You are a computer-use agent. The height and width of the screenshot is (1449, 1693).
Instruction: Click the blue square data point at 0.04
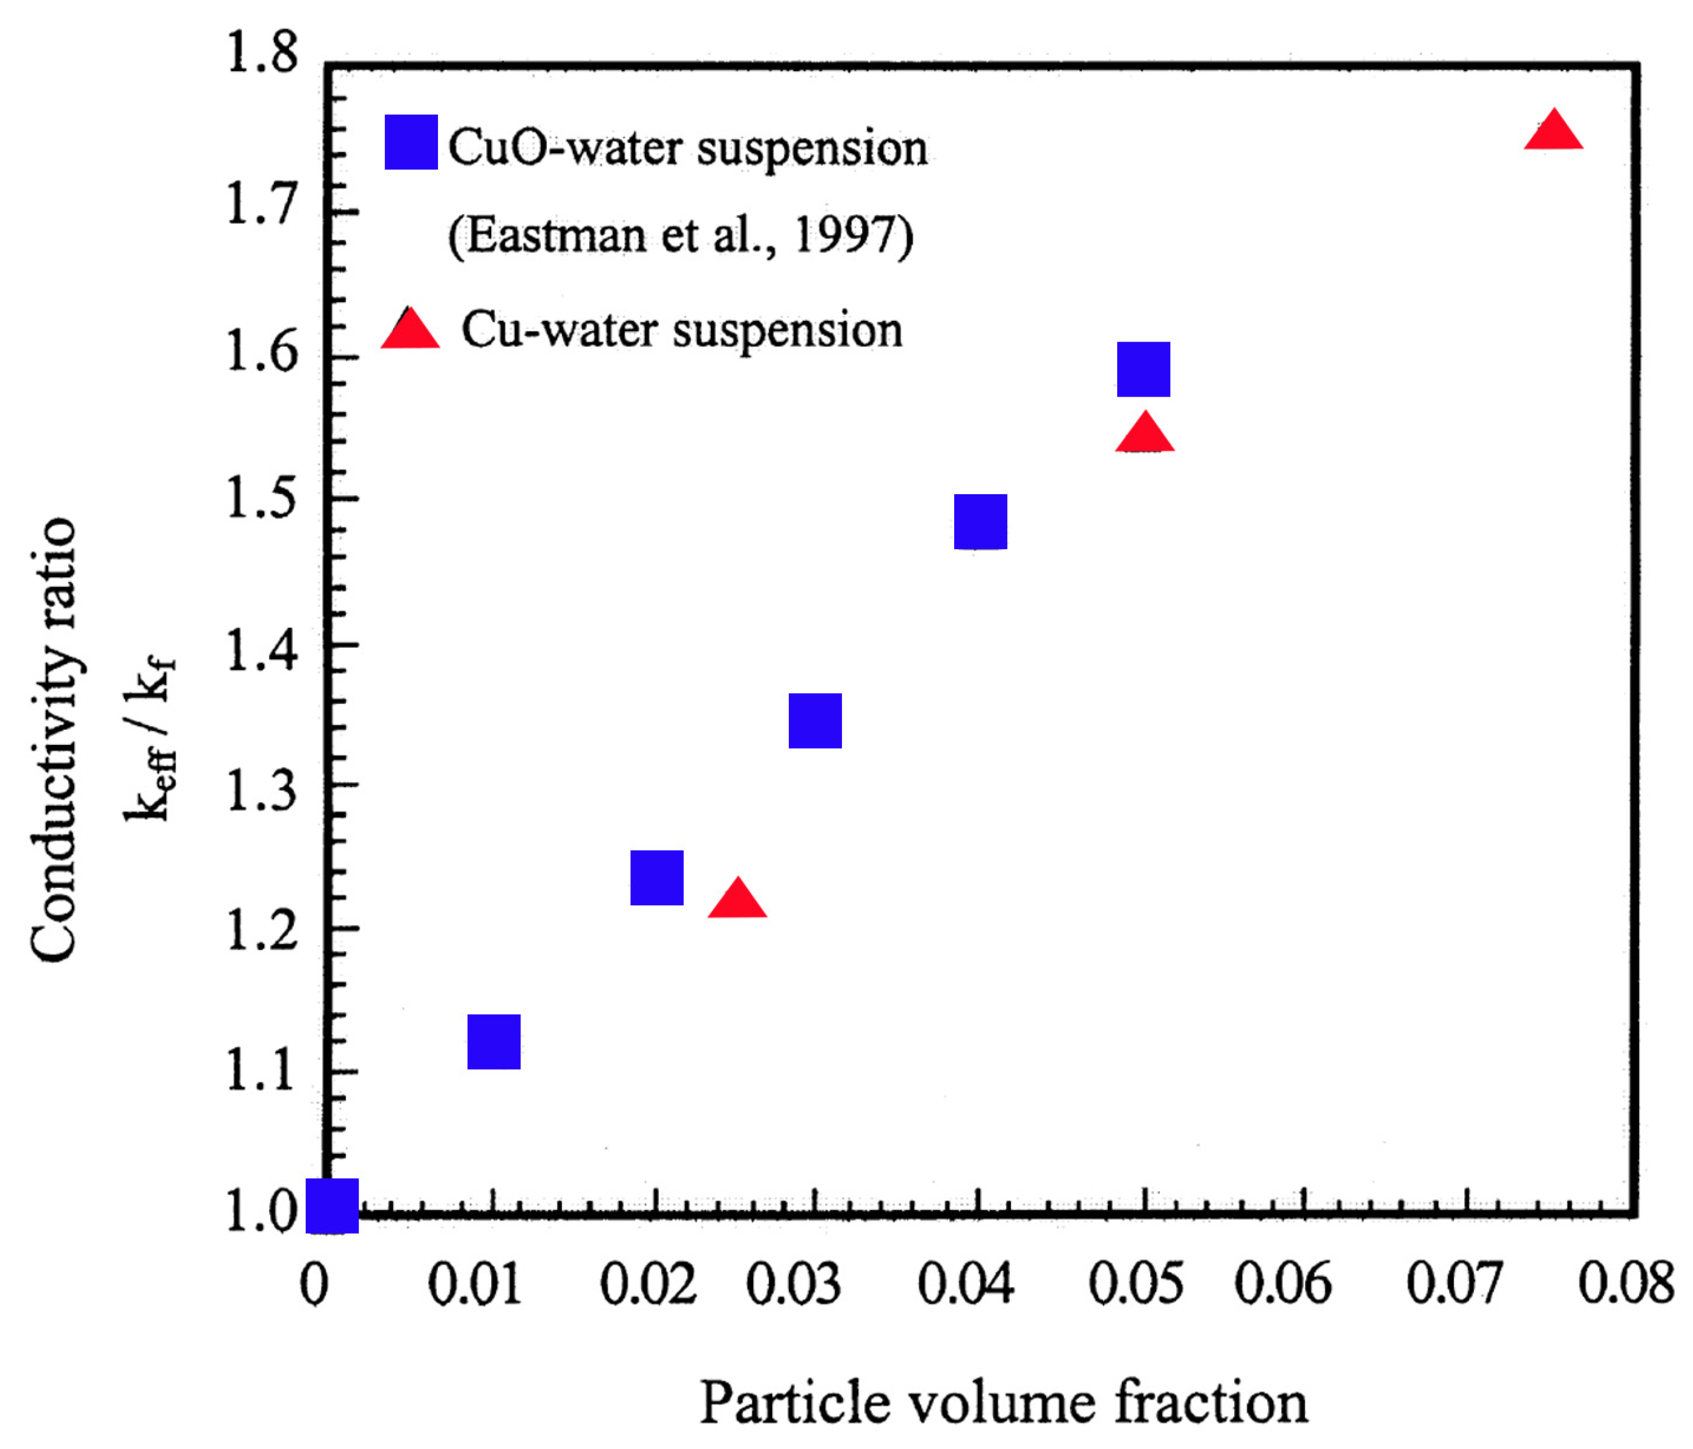(980, 522)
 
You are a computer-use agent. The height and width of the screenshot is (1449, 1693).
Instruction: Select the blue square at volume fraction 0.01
(494, 1042)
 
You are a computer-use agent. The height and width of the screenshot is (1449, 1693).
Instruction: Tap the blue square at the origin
(332, 1206)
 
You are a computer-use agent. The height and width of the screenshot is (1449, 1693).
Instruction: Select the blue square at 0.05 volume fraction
(1143, 369)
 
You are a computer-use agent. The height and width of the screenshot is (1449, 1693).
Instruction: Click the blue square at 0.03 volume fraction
(814, 721)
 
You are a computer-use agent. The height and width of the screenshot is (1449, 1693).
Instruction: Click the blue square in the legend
(411, 142)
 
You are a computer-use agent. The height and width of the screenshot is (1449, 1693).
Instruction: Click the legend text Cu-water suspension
(681, 330)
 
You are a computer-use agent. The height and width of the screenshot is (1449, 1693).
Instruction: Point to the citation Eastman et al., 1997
(681, 236)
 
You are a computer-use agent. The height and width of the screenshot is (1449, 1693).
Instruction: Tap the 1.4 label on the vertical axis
(262, 650)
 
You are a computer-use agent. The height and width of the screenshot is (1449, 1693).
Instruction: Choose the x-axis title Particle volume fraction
(1004, 1403)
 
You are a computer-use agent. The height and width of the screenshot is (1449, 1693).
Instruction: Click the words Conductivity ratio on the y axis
(54, 739)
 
